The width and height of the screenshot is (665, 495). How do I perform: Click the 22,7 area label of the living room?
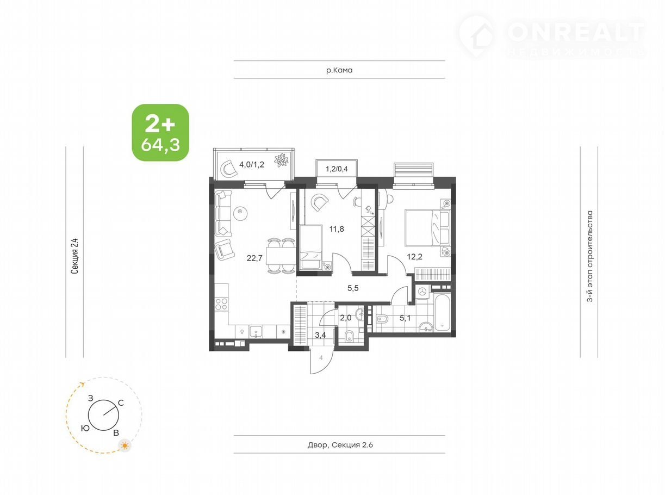coord(254,258)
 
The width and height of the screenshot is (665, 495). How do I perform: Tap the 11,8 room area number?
coord(337,229)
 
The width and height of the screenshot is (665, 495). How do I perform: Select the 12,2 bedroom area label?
coord(415,257)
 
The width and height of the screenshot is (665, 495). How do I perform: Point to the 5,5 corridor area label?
coord(353,288)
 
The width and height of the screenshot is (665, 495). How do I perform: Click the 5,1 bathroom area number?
coord(405,318)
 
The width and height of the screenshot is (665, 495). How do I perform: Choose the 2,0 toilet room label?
coord(345,318)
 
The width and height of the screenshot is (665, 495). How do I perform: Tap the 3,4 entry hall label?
coord(320,335)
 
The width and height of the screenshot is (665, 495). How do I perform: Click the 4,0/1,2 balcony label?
coord(252,164)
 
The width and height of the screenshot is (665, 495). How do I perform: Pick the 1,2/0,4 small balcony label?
coord(337,169)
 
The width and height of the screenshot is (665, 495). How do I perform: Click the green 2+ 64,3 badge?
coord(160,133)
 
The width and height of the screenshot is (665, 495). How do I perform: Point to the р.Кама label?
coord(339,71)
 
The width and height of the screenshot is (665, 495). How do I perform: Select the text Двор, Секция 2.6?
coord(340,444)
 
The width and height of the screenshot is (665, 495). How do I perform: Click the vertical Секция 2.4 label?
coord(74,256)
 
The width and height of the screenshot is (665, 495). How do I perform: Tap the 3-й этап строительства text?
coord(590,256)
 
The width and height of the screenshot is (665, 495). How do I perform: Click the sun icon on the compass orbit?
coord(125,445)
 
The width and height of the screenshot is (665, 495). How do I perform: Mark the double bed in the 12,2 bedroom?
coord(427,228)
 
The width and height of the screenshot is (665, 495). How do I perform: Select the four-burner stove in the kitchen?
coord(221,304)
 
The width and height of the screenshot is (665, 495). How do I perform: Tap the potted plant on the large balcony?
coord(282,160)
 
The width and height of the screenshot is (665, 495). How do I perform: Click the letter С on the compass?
coord(121,403)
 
